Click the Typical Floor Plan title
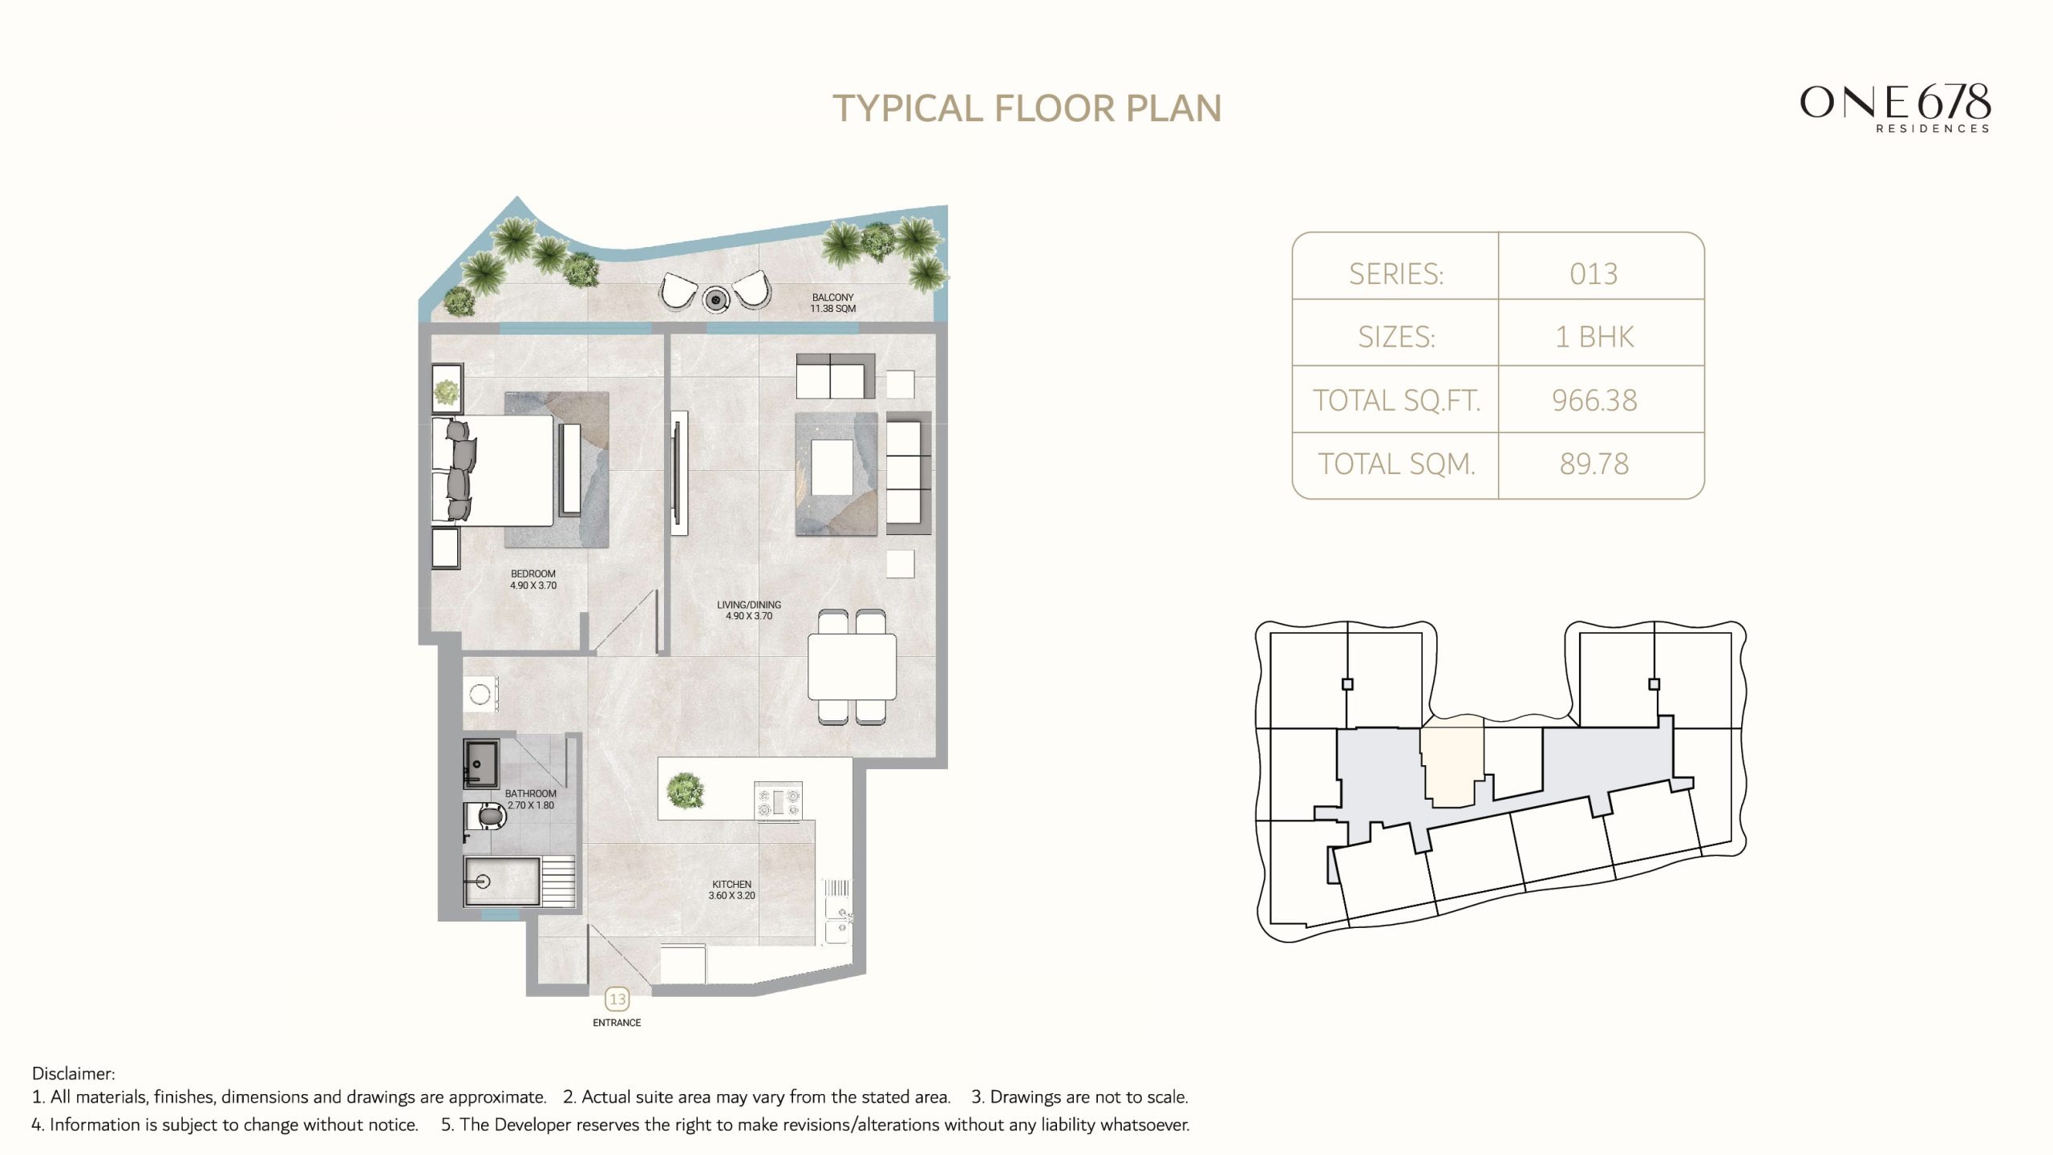[1026, 108]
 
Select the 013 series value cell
[1593, 274]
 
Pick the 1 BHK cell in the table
[1593, 336]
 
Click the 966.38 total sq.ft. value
[1593, 399]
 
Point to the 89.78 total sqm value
[1593, 464]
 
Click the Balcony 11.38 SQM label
[832, 302]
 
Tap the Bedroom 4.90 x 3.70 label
[532, 579]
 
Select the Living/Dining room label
[748, 610]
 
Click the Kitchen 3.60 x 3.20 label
[731, 890]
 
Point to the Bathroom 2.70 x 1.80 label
[530, 799]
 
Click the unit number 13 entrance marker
[617, 999]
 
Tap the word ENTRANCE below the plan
[617, 1023]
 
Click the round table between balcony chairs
[715, 299]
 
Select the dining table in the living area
[852, 667]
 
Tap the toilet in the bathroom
[488, 817]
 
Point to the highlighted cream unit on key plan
[1452, 762]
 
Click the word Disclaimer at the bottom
[73, 1073]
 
